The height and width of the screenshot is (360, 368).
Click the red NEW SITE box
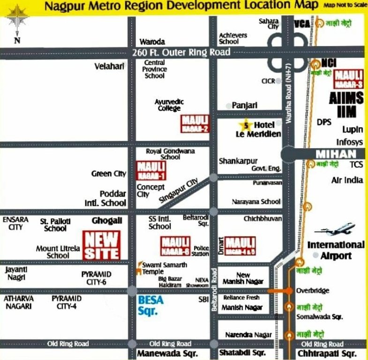(x=101, y=245)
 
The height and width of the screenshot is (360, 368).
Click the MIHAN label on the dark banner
(x=332, y=154)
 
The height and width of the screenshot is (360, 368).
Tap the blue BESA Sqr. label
(x=151, y=305)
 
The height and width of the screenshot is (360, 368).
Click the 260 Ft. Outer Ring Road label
(x=174, y=52)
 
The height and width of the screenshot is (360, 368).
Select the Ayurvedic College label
(x=169, y=105)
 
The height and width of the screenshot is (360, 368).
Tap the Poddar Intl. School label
(x=113, y=198)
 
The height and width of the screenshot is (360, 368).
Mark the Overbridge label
(x=313, y=291)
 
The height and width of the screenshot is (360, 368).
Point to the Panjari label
(x=245, y=106)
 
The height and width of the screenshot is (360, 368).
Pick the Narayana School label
(x=256, y=202)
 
